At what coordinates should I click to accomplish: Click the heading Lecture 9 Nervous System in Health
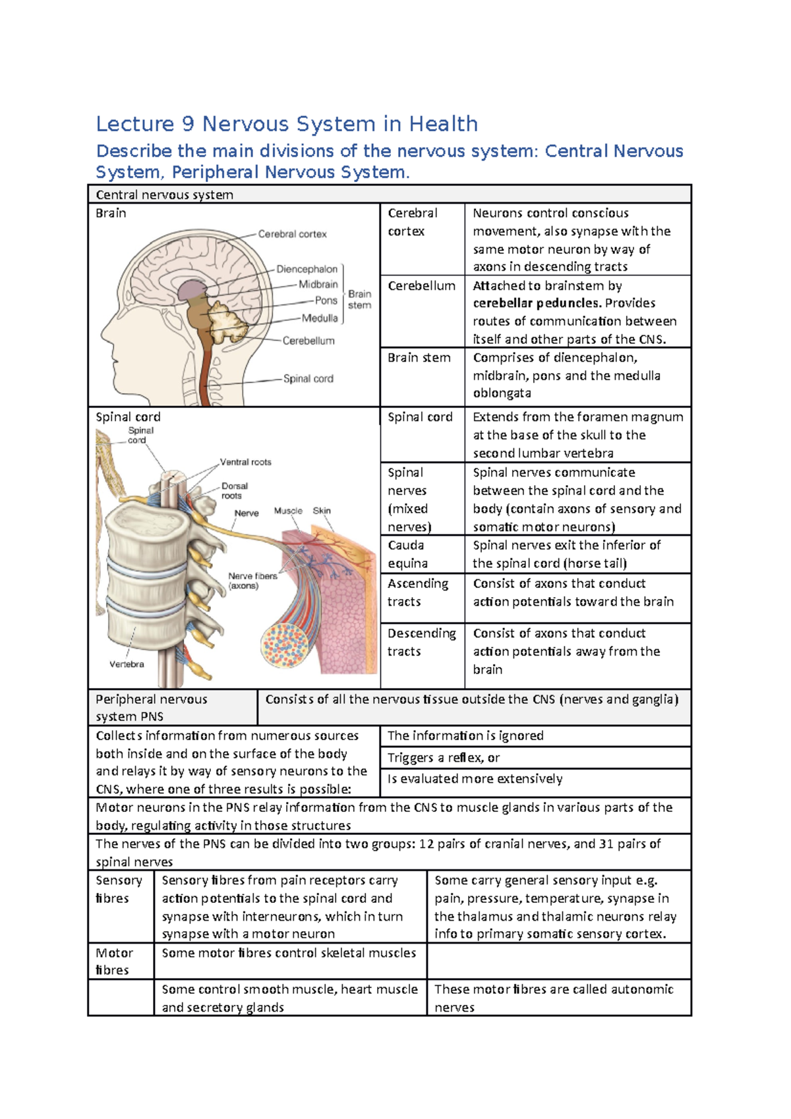point(287,124)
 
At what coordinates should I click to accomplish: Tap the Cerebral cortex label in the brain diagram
point(292,234)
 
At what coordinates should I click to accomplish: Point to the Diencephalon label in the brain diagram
point(307,269)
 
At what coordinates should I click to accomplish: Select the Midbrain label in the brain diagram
point(318,285)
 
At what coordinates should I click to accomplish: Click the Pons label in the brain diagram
point(326,301)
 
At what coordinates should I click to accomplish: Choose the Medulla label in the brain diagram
point(320,318)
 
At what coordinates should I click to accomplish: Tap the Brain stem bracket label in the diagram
point(359,299)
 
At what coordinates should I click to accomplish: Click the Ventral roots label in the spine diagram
point(245,462)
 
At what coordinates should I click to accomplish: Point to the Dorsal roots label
point(234,490)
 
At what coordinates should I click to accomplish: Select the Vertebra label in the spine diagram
point(127,664)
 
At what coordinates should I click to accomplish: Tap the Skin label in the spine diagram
point(322,511)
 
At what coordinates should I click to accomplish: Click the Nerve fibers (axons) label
point(252,581)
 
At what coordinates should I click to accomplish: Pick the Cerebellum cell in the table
point(421,286)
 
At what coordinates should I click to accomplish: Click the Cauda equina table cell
point(407,554)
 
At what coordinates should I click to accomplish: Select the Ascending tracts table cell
point(417,592)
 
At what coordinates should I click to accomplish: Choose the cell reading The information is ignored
point(465,735)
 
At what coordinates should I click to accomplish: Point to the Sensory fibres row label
point(119,889)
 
